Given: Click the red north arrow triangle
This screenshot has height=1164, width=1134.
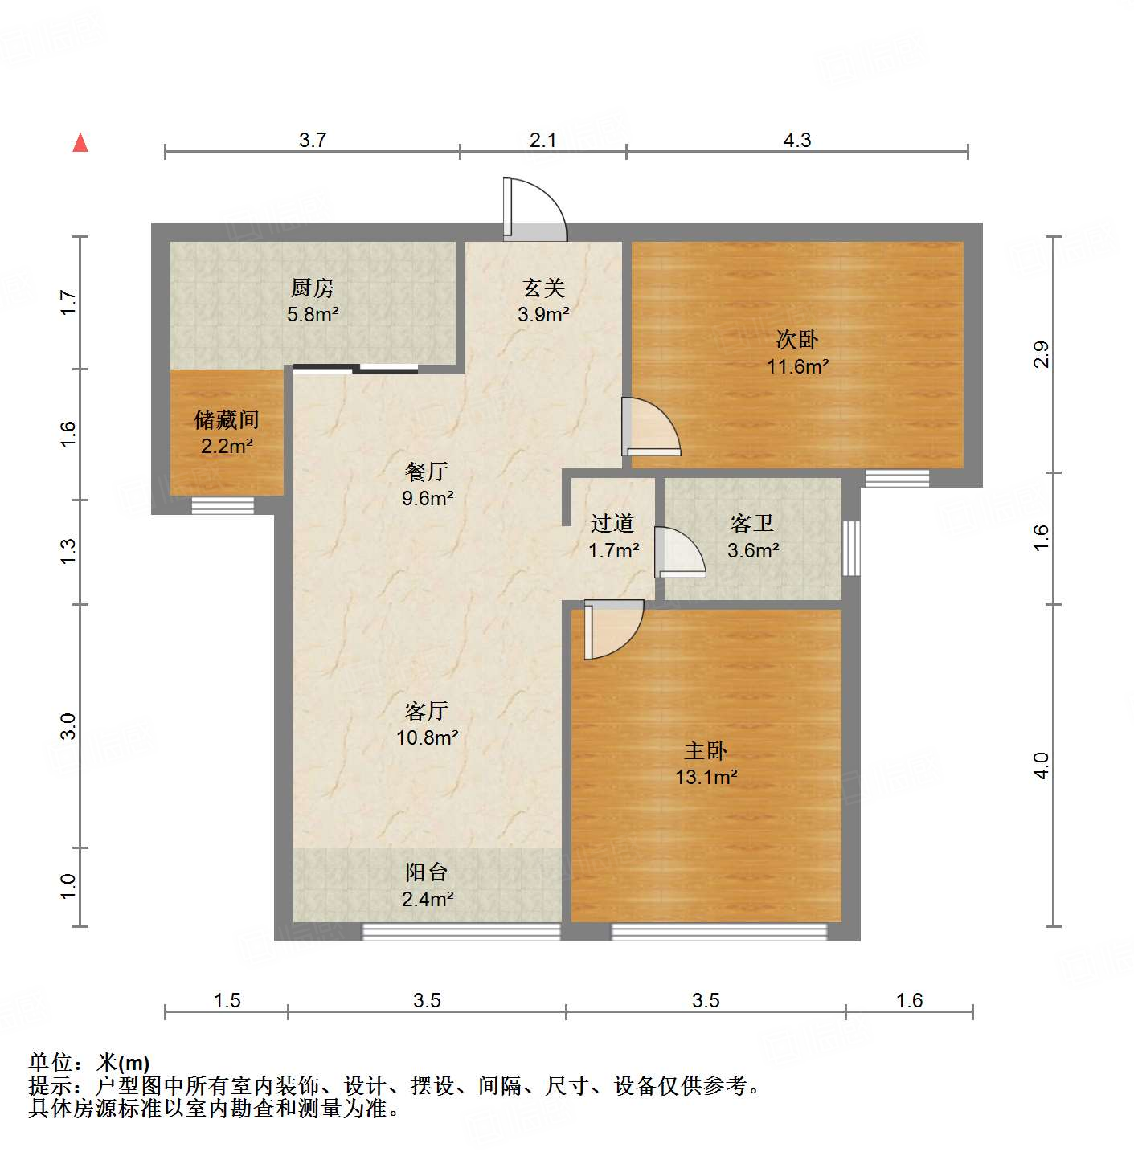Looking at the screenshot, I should coord(80,143).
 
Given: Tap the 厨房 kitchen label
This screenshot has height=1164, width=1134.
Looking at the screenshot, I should coord(312,288).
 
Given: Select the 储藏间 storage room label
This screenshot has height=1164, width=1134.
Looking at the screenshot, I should coord(227,419).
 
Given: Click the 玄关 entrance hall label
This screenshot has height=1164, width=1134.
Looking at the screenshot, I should coord(544,288).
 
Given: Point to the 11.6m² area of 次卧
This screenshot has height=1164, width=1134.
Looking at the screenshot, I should coord(797,367).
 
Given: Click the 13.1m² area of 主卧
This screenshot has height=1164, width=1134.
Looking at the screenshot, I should coord(706,778).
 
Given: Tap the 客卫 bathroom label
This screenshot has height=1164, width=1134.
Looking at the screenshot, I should coord(752,524).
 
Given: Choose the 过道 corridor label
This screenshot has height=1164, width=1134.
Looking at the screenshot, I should coord(612,524).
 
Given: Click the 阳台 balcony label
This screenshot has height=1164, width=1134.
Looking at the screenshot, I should coord(426,872).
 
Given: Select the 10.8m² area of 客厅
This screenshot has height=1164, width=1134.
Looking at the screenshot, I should coord(427,737).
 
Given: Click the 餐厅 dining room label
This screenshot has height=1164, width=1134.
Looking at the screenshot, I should coord(427,472).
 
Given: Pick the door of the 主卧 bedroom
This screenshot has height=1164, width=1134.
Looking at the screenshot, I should coord(612,628).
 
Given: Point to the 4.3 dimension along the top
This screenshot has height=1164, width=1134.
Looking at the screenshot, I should coord(797,140).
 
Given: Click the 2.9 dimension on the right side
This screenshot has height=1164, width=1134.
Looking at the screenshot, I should coord(1041,354).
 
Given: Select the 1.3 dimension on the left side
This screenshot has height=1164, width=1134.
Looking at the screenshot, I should coord(68,551).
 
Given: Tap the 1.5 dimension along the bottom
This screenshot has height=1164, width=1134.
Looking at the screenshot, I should coord(227,1000).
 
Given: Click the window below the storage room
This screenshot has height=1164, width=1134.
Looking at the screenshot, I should coord(223,505).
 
